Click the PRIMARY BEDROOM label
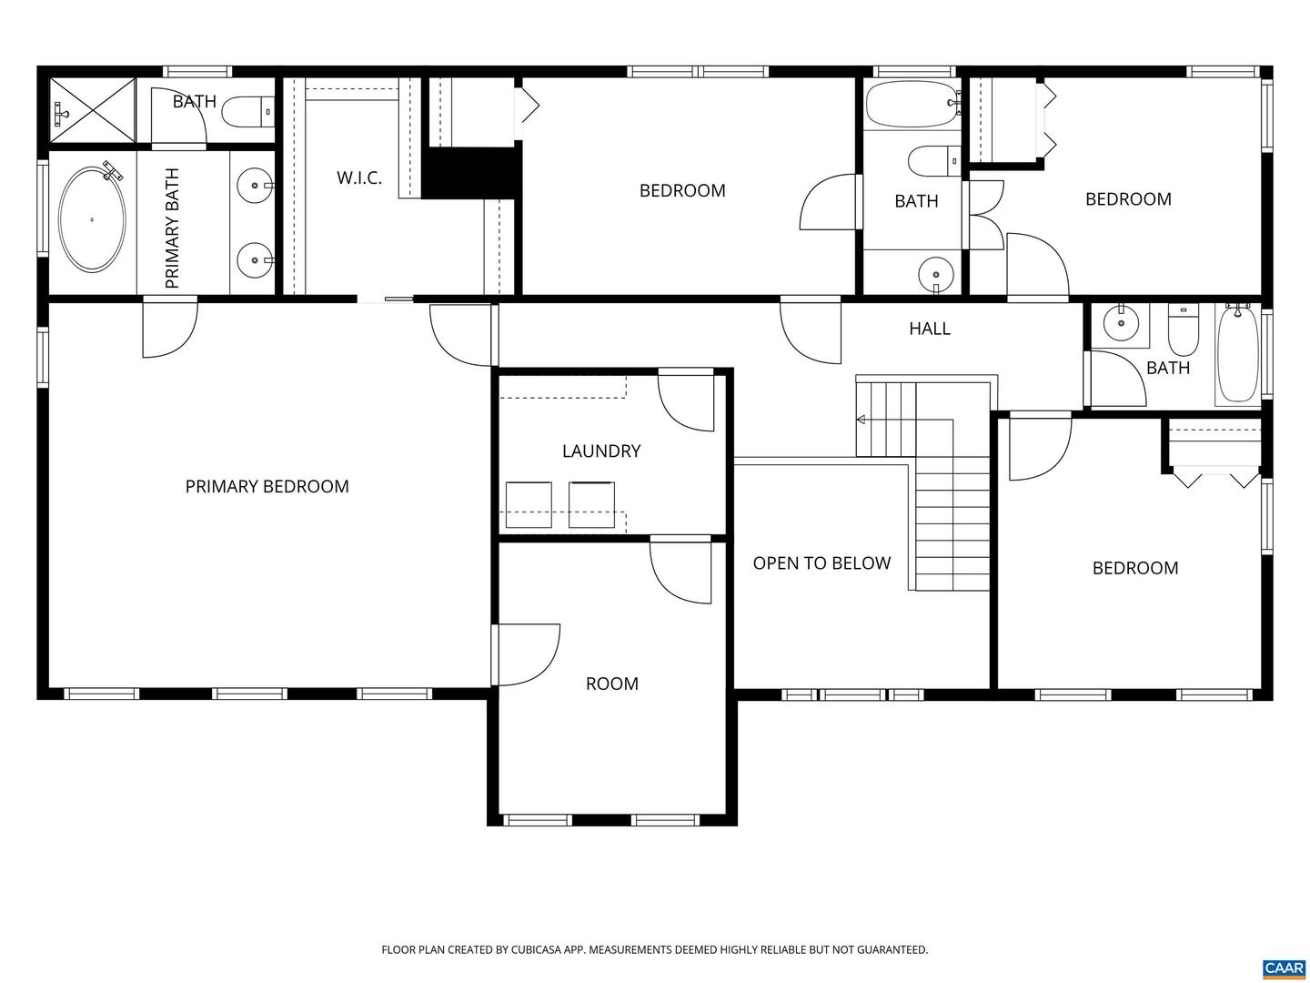coord(267,487)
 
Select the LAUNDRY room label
coord(600,451)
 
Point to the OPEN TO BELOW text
coord(821,563)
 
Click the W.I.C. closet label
coord(359,178)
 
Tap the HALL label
coord(929,329)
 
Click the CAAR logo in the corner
coord(1284,968)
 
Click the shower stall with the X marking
coord(92,110)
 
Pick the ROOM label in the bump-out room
coord(611,684)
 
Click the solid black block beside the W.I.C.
coord(470,172)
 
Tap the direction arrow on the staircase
coord(861,420)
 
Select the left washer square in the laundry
coord(529,504)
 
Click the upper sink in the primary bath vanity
coord(252,187)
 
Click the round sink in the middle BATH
coord(935,272)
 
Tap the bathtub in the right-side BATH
coord(1237,355)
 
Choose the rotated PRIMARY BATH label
coord(173,228)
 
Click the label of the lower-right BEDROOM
coord(1134,569)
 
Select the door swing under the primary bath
coord(169,329)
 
